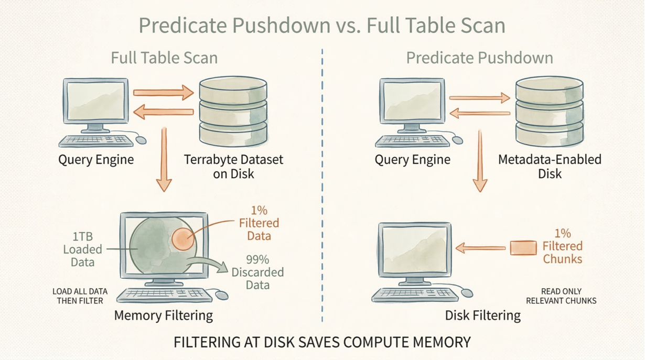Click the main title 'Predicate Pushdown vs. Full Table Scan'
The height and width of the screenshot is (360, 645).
point(322,25)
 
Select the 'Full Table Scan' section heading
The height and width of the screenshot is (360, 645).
point(164,58)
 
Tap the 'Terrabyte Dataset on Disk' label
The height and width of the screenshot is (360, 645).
point(233,166)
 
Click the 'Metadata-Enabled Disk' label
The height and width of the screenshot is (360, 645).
point(550,166)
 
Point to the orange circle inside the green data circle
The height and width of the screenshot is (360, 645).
point(183,239)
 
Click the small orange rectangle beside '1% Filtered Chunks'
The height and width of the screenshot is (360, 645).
point(523,248)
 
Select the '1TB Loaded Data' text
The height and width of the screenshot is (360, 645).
point(83,249)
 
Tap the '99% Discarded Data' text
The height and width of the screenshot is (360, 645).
point(257,272)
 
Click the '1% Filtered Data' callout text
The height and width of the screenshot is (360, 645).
point(259,223)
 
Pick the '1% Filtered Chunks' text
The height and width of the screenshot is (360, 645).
point(562,246)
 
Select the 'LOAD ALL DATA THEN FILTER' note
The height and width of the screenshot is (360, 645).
point(80,296)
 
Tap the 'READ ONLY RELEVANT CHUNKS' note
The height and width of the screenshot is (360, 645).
point(561,296)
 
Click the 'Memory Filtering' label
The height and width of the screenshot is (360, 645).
point(164,315)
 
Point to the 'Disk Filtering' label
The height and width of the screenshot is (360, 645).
point(483,315)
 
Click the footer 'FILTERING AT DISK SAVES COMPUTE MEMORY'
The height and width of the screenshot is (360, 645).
point(322,342)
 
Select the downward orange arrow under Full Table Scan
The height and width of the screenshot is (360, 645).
point(164,159)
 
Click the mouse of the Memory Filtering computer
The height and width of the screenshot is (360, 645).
point(222,295)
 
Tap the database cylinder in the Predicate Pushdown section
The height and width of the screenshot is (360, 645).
point(550,112)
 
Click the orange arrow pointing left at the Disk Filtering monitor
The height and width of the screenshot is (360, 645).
point(480,248)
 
